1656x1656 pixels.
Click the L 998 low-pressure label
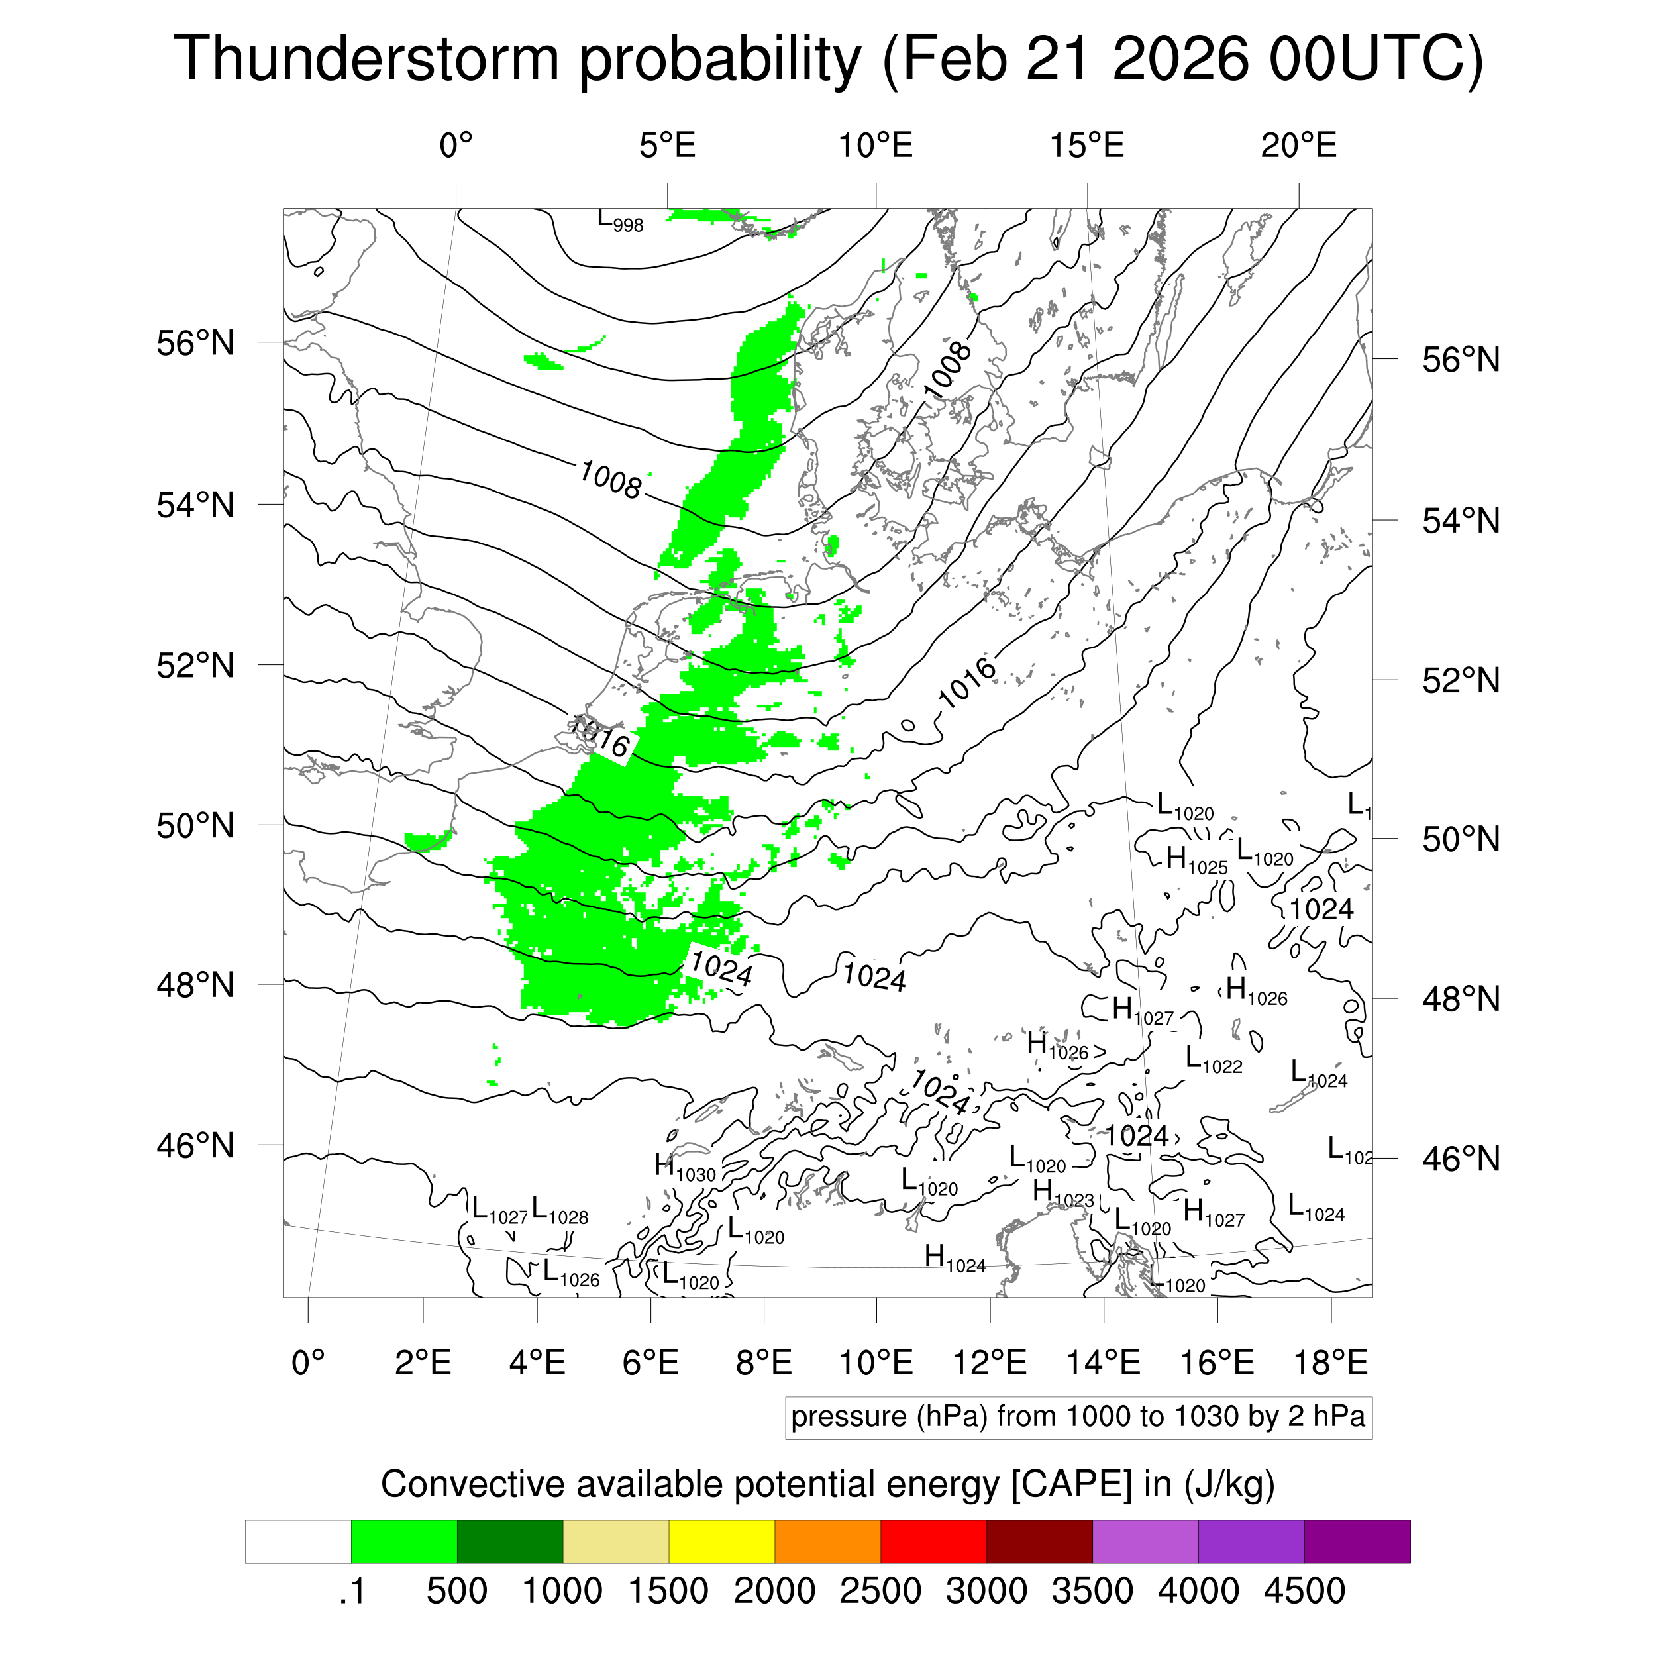(x=620, y=221)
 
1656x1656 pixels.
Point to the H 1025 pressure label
(x=1196, y=860)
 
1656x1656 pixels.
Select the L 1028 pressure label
(x=560, y=1211)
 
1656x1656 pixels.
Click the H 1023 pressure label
(x=1063, y=1193)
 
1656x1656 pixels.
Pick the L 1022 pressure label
(x=1214, y=1061)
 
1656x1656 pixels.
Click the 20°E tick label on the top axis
(x=1298, y=146)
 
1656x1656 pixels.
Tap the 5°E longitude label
(x=668, y=146)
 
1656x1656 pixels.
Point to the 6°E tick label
(x=650, y=1362)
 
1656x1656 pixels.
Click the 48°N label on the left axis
(x=195, y=985)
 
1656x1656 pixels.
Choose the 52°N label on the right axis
(x=1461, y=680)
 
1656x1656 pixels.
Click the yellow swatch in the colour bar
(x=722, y=1542)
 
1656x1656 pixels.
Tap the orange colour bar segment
(x=827, y=1542)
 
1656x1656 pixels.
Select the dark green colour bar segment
(x=510, y=1542)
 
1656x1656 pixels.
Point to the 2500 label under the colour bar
(x=880, y=1591)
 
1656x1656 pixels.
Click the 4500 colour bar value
(x=1304, y=1591)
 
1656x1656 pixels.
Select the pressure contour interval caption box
(x=1078, y=1417)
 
